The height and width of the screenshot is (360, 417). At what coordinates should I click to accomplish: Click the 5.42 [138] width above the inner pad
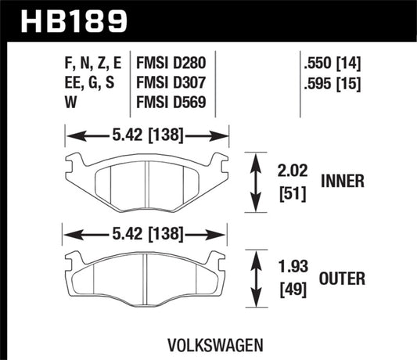[x=146, y=136]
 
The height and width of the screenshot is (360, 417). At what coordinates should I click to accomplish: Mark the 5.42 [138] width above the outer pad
[x=146, y=233]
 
